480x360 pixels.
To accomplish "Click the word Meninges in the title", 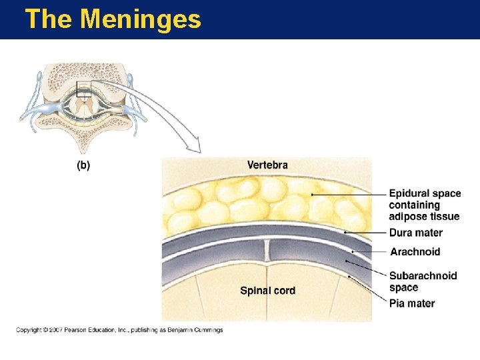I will tap(140, 19).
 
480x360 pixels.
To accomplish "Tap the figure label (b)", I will tap(83, 165).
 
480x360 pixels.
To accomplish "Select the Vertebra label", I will tap(267, 165).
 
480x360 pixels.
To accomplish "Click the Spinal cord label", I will tap(267, 291).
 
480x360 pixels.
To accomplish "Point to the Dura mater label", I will tap(415, 233).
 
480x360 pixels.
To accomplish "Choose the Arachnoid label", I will tap(415, 252).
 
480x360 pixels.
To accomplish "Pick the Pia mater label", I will tap(412, 303).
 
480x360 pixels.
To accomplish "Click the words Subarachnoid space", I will tap(423, 281).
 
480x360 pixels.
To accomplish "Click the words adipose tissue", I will tap(424, 216).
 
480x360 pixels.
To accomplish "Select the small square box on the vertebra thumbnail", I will tap(84, 89).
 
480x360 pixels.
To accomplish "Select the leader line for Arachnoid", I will tap(369, 252).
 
